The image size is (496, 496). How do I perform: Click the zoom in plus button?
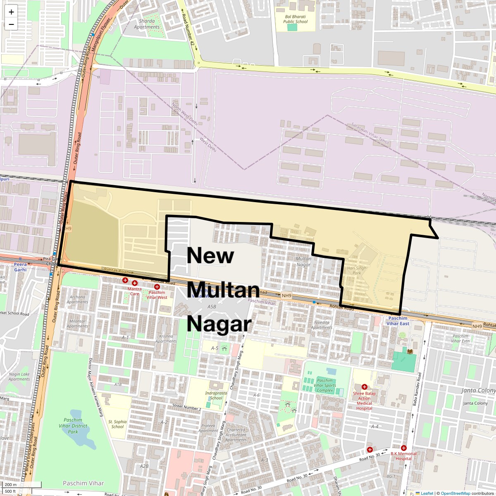11,12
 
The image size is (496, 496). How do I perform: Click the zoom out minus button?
11,24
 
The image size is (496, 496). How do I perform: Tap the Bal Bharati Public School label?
296,19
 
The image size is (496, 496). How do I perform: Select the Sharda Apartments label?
147,24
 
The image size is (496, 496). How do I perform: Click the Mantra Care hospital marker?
135,283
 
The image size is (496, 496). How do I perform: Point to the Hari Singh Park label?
357,270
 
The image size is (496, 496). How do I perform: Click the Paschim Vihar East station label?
398,321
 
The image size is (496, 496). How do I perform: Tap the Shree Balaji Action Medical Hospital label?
364,401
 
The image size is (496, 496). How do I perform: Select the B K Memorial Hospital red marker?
404,448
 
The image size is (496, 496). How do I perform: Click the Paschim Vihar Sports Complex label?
325,385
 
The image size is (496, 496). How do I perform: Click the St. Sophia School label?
117,424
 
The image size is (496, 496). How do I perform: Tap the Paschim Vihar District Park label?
73,426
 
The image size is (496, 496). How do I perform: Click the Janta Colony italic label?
478,390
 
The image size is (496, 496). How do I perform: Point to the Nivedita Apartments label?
322,325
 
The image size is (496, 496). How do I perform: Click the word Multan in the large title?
223,289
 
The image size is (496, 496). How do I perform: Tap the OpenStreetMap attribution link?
455,493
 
